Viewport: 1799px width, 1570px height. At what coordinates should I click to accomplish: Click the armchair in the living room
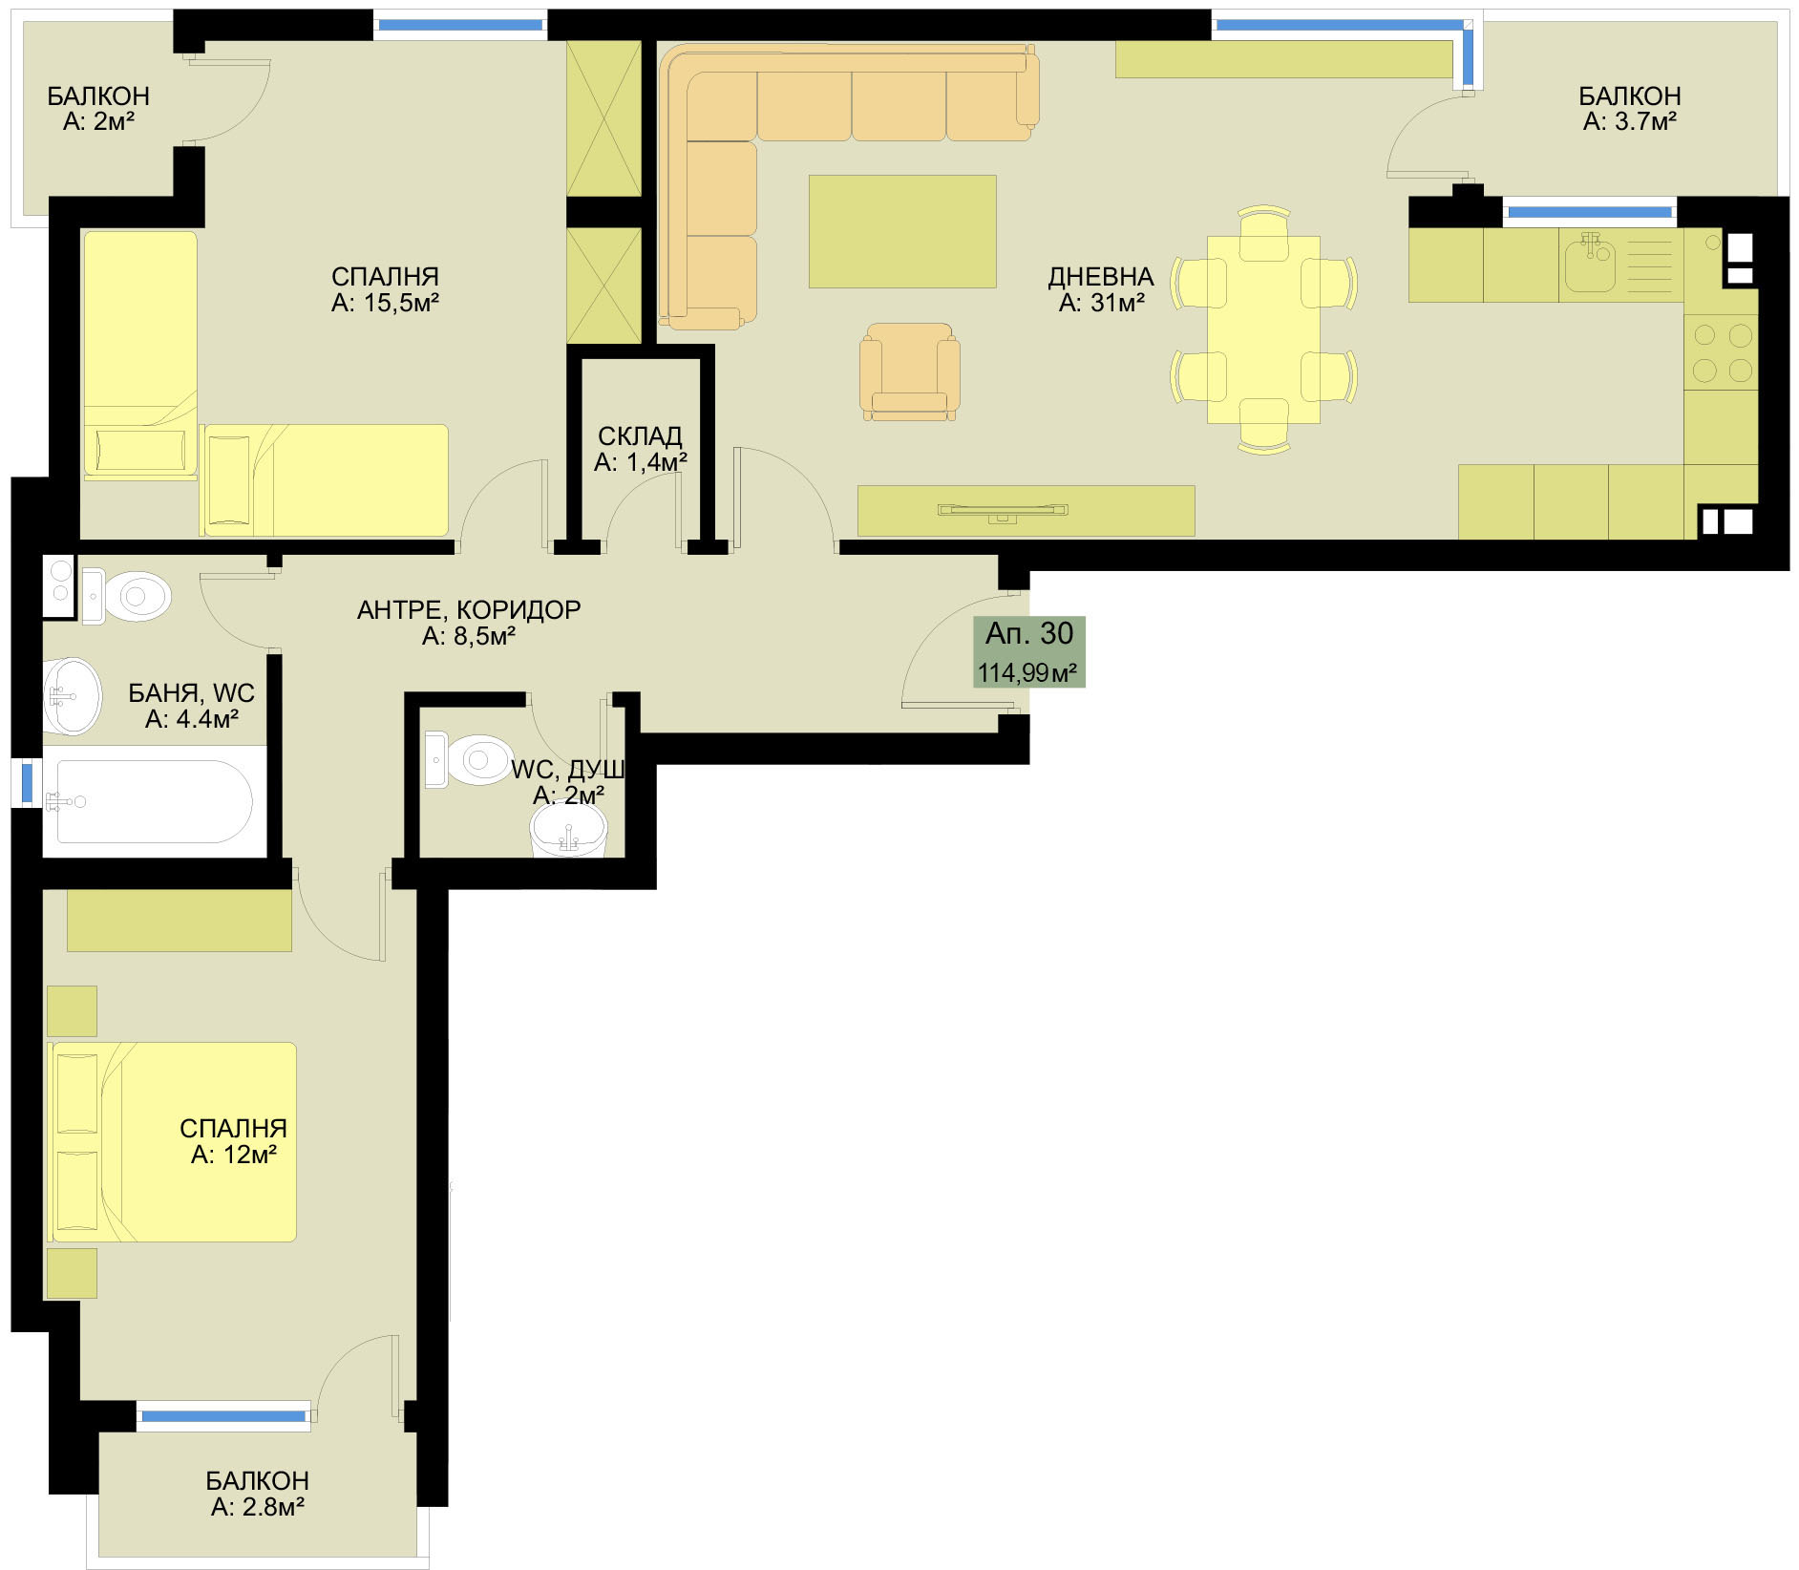coord(909,371)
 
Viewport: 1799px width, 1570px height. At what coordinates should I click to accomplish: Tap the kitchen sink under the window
coord(1589,264)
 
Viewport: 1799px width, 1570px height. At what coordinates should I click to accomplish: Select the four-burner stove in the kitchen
coord(1721,351)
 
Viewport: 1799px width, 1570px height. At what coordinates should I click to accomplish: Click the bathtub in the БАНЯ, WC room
coord(154,801)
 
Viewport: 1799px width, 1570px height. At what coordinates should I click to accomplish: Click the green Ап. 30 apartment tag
coord(1029,651)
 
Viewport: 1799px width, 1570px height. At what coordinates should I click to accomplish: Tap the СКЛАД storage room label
coord(640,436)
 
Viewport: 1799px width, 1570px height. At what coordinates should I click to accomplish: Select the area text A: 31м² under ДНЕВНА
coord(1101,304)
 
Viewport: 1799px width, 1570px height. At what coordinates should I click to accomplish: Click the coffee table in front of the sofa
coord(902,231)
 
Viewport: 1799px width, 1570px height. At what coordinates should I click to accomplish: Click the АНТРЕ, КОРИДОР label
coord(469,609)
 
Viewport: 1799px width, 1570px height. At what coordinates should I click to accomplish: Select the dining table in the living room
coord(1263,329)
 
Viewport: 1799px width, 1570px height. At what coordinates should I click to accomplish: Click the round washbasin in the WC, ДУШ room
coord(568,829)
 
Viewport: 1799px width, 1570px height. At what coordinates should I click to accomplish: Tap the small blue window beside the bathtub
coord(27,782)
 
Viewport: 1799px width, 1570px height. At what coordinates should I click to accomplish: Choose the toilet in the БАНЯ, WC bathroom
coord(129,597)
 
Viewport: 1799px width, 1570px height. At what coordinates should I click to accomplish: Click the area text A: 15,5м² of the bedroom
coord(385,304)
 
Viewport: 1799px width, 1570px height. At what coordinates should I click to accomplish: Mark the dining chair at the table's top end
coord(1263,233)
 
